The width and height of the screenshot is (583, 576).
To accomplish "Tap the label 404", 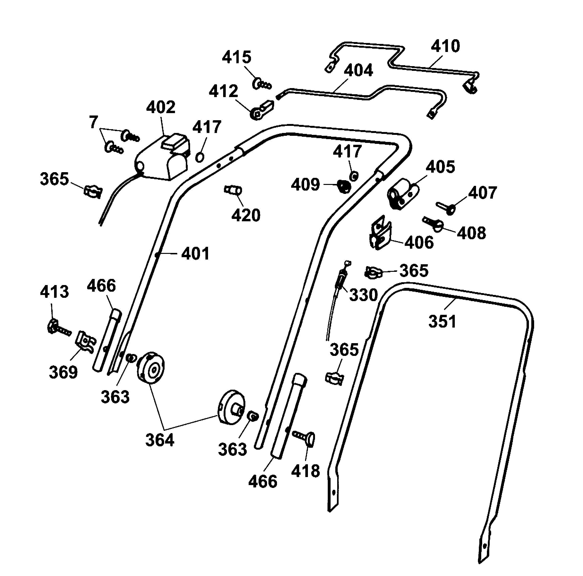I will pyautogui.click(x=358, y=71).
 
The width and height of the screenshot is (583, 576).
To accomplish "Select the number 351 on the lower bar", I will pyautogui.click(x=442, y=321).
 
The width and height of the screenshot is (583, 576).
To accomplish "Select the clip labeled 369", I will pyautogui.click(x=85, y=342).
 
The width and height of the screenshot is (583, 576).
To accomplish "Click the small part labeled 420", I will pyautogui.click(x=233, y=190).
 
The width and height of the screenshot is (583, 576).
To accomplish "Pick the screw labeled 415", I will pyautogui.click(x=261, y=84).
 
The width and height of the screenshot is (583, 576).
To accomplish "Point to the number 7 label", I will pyautogui.click(x=94, y=122).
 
